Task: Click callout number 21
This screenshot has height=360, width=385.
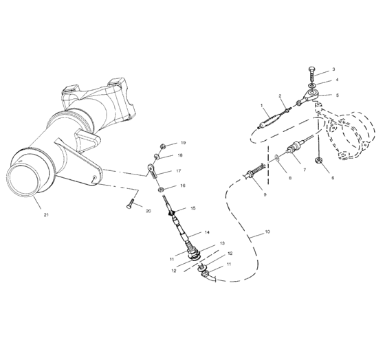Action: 46,215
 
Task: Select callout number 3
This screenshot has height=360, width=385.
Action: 333,69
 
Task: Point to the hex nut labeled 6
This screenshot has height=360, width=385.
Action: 318,161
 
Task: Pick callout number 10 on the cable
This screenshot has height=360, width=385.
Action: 267,232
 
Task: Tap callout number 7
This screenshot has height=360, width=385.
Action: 305,170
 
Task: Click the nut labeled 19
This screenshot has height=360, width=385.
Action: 162,146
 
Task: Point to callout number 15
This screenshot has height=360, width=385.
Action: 193,208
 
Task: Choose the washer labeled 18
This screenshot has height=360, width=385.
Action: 157,157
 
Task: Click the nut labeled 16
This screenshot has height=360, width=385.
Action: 161,189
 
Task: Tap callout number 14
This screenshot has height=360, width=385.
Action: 207,232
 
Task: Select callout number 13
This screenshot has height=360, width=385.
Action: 222,243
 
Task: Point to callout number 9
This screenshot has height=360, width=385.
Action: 265,194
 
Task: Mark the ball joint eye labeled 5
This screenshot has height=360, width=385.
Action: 313,93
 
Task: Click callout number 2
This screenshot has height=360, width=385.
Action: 280,95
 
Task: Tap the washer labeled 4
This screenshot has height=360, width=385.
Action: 312,86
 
